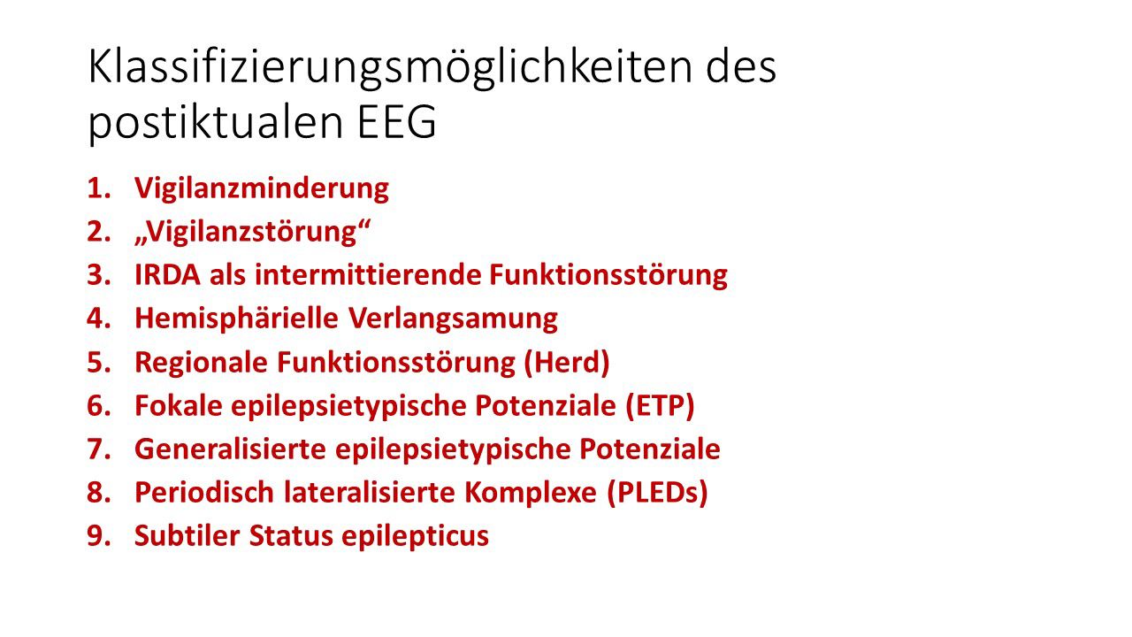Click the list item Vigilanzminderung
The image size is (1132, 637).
click(x=261, y=188)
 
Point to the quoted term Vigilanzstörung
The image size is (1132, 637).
click(x=251, y=232)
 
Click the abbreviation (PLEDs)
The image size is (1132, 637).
click(x=658, y=493)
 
